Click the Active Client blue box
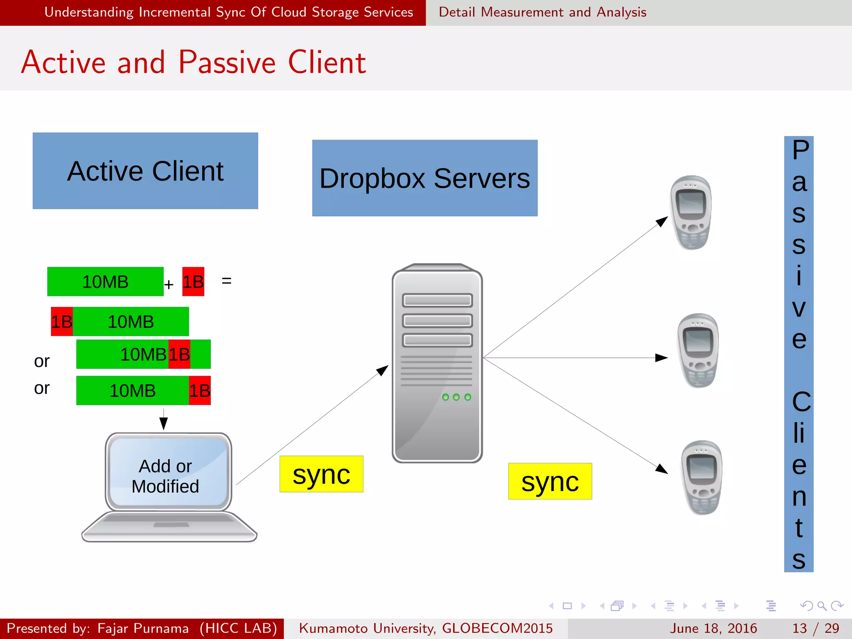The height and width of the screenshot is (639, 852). (x=145, y=171)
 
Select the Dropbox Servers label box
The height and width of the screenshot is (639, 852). (x=425, y=178)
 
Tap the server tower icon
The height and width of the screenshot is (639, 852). (x=437, y=363)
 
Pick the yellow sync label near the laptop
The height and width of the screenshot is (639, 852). (x=321, y=474)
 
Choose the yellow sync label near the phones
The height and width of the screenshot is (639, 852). (x=550, y=481)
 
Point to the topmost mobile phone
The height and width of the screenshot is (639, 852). (x=691, y=213)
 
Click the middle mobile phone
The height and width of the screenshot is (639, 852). (x=698, y=350)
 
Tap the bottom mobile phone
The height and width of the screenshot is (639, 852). (x=702, y=477)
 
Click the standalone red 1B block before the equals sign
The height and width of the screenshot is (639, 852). (x=193, y=282)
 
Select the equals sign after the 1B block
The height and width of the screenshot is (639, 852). (x=227, y=281)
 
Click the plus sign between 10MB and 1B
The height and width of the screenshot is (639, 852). (x=168, y=285)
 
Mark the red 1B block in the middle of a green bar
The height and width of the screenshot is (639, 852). (x=179, y=354)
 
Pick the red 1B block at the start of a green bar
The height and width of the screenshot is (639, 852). (x=62, y=322)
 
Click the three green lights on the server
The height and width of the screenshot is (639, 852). (x=456, y=397)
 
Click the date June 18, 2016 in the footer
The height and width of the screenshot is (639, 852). (x=713, y=628)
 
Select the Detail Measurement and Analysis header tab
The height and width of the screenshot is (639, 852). (x=542, y=12)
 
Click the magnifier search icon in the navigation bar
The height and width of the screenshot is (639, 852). (x=822, y=606)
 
